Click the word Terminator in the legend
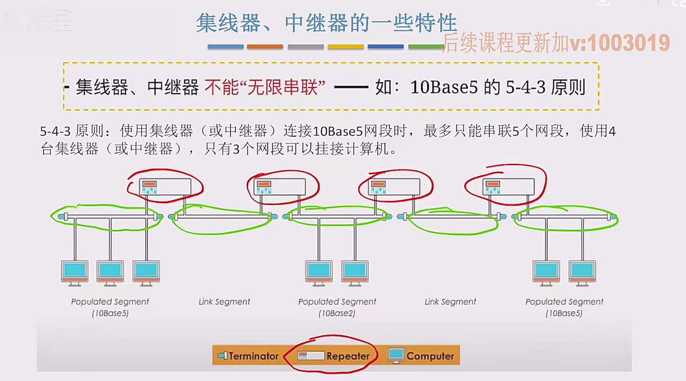pos(253,356)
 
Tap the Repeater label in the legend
pos(348,356)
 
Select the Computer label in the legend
pos(430,356)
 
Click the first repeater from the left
pos(165,187)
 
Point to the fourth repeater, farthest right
pos(508,187)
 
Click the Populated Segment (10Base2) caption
pos(337,307)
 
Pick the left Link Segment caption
pos(224,302)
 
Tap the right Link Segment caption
pos(450,302)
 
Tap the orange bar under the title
pos(265,47)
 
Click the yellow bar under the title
pos(346,47)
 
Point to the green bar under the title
pos(426,47)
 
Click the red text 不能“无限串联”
pos(265,88)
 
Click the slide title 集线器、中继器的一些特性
pos(326,23)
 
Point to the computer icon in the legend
pos(396,355)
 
